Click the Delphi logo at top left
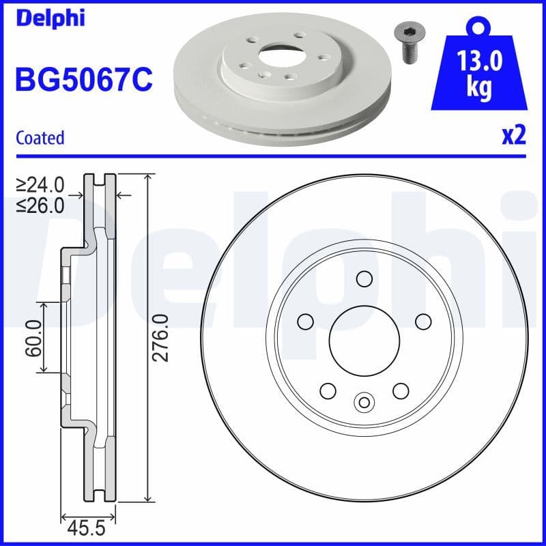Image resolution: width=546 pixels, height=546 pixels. tap(51, 18)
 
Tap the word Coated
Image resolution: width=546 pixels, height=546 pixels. tap(40, 138)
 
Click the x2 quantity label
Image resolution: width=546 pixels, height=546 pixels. tap(514, 136)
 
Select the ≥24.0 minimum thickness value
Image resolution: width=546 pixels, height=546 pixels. tap(40, 185)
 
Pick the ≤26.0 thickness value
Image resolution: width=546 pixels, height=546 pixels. tap(40, 205)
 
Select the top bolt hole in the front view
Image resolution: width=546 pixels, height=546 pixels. tap(364, 279)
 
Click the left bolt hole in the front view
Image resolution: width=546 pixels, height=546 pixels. tap(305, 321)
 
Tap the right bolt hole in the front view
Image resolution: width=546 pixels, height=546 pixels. tap(423, 321)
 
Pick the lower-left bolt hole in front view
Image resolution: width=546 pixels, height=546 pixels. tap(328, 390)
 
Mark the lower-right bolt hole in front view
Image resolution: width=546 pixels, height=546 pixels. tap(401, 390)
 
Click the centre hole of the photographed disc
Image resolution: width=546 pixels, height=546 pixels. tap(276, 51)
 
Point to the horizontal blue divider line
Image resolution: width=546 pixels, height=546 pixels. tap(273, 156)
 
